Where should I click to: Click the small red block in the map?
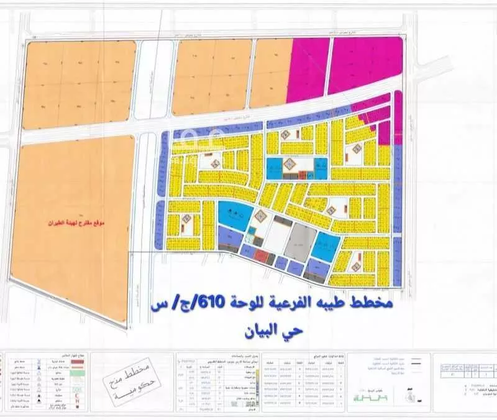point(262,256)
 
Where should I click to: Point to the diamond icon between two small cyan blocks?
point(289,164)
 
